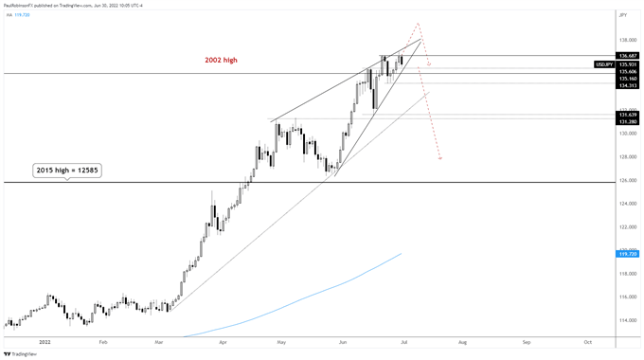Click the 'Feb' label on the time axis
(x=103, y=340)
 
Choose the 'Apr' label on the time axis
(x=224, y=340)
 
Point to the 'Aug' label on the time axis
(x=463, y=340)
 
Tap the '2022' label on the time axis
(x=44, y=340)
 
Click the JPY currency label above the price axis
(x=623, y=16)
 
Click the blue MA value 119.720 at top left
(x=27, y=15)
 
